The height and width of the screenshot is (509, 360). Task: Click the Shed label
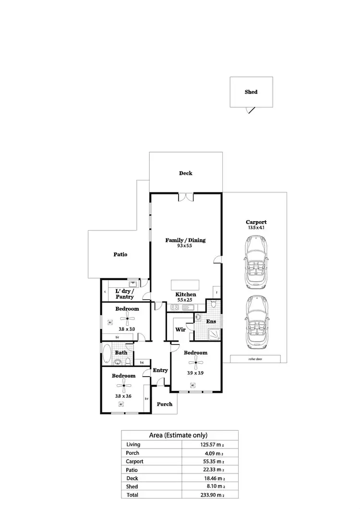[251, 92]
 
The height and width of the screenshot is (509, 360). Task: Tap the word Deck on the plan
[186, 173]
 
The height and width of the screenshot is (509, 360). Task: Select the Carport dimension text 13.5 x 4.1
[256, 228]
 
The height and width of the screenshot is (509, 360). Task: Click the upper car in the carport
[256, 265]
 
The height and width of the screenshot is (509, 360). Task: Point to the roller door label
[255, 359]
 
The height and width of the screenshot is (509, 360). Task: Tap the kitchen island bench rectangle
[185, 284]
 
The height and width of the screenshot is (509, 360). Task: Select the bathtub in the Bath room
[107, 355]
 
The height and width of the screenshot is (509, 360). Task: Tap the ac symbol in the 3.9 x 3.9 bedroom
[192, 385]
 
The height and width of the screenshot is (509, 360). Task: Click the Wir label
[180, 330]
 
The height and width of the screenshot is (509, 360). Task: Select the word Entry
[160, 370]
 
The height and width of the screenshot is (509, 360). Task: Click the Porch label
[165, 404]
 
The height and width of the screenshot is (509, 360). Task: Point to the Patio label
[120, 254]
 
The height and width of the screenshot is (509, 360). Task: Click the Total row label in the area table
[132, 495]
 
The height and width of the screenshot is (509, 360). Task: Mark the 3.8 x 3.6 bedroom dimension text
[123, 396]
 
